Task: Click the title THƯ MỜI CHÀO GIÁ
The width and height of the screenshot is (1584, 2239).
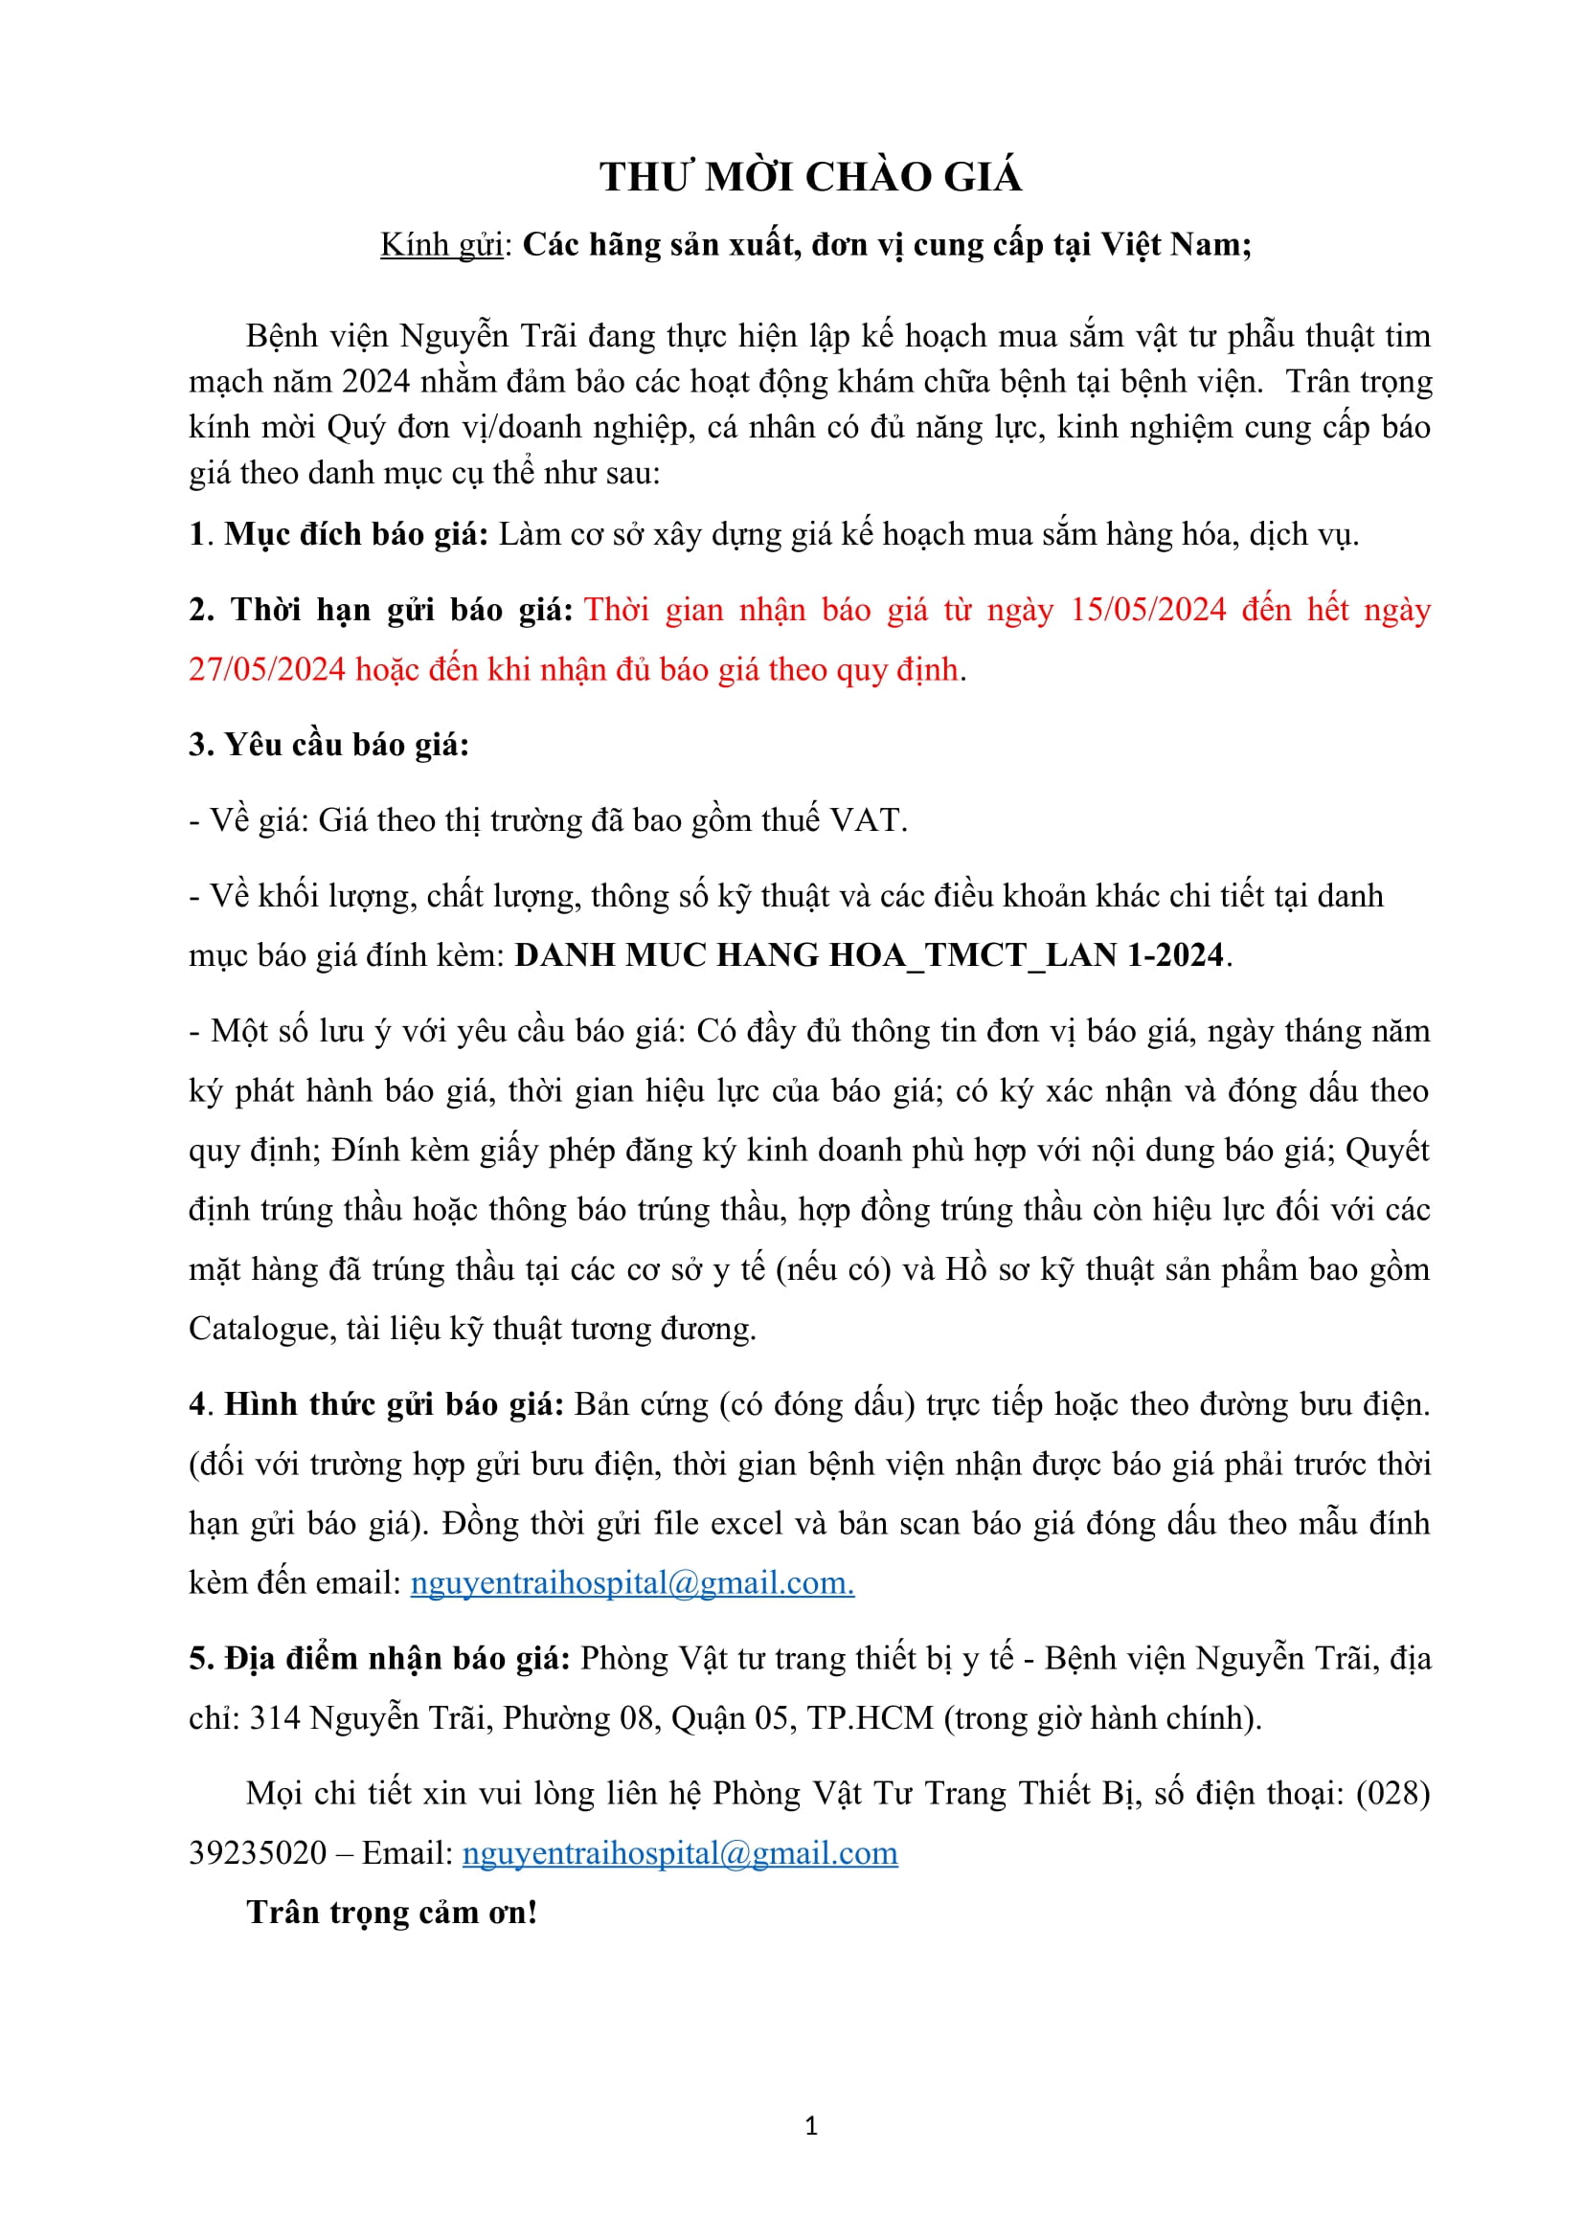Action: tap(810, 177)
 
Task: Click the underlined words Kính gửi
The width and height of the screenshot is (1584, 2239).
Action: tap(441, 245)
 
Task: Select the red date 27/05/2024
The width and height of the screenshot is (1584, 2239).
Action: tap(266, 670)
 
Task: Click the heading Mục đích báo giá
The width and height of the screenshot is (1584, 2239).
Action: tap(356, 534)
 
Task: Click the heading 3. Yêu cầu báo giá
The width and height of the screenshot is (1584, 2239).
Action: tap(328, 745)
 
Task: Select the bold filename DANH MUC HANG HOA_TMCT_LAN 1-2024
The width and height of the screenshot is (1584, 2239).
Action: tap(869, 954)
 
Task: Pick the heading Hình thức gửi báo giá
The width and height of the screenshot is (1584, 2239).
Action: tap(394, 1404)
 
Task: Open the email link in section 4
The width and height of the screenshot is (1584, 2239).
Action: tap(632, 1581)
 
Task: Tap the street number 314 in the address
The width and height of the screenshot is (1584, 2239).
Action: tap(275, 1717)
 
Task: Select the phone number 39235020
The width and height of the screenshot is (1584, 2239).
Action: tap(258, 1853)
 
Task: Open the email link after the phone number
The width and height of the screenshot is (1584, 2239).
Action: tap(680, 1853)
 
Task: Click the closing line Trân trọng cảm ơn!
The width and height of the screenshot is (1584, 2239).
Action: tap(392, 1913)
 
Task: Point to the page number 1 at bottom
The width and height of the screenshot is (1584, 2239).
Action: tap(811, 2126)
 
